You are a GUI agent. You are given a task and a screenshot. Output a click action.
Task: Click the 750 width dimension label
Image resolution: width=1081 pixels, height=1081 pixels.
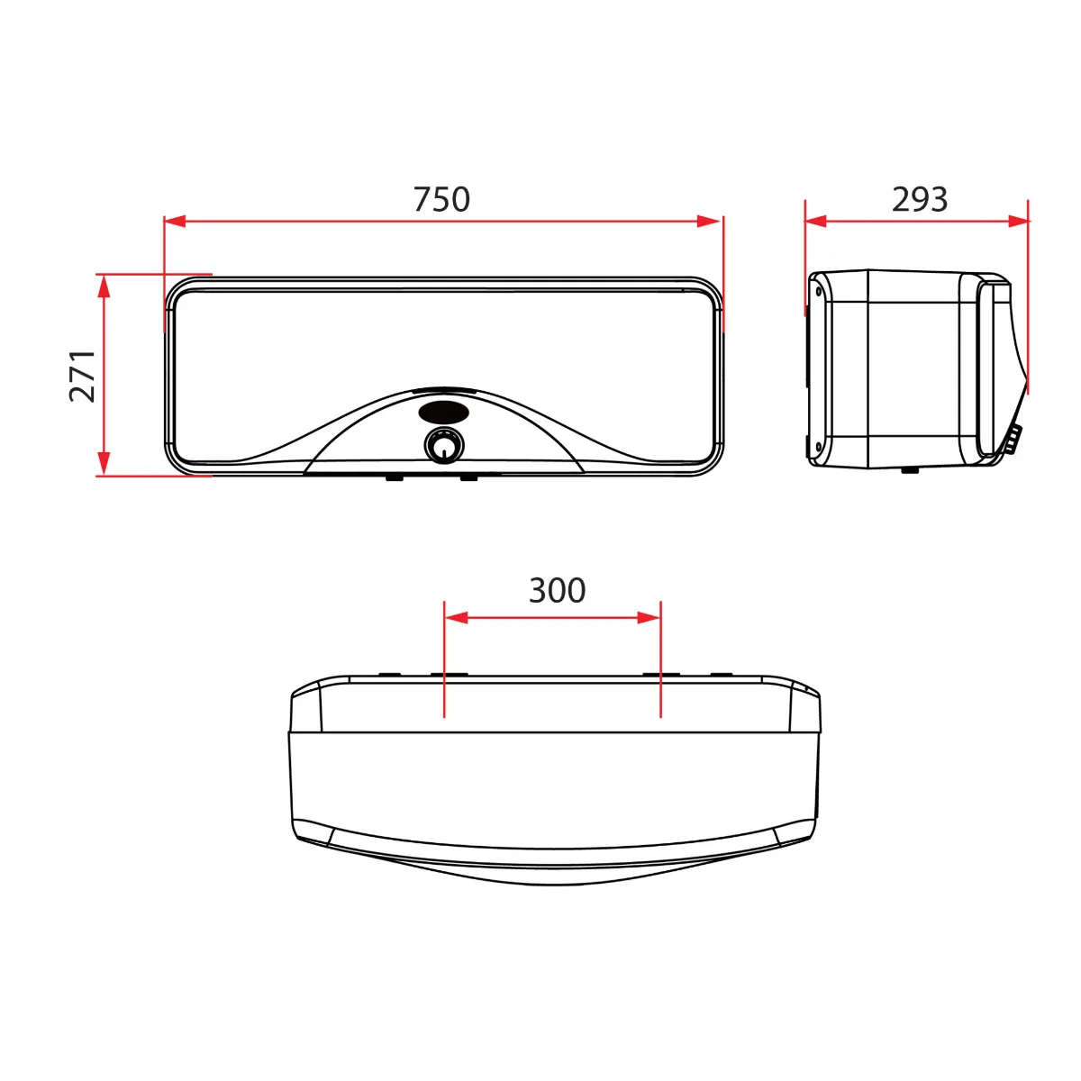click(441, 199)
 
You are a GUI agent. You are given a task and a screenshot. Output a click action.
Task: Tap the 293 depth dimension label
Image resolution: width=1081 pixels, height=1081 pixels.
click(920, 199)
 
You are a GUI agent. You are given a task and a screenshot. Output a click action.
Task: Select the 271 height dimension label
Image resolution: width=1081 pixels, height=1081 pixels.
click(83, 376)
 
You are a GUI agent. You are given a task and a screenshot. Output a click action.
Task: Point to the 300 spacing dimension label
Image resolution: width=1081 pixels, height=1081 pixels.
click(557, 590)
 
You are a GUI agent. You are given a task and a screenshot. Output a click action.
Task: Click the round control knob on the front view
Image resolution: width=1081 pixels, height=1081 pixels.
click(444, 447)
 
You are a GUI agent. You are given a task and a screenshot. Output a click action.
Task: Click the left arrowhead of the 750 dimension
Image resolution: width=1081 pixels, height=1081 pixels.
click(175, 221)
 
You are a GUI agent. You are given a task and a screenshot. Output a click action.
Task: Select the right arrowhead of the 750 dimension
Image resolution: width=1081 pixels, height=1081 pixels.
click(709, 221)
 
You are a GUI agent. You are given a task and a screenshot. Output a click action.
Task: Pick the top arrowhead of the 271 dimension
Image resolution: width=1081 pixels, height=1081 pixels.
click(104, 286)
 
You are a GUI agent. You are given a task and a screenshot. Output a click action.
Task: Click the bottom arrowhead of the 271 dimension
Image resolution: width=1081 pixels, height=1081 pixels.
click(104, 464)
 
